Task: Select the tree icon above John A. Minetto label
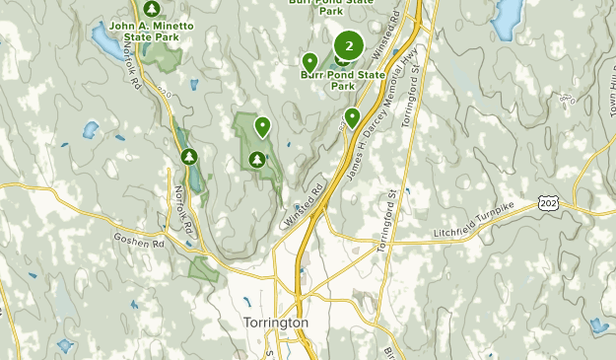151,8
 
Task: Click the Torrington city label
275,323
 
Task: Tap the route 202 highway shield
549,202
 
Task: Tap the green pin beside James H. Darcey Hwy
352,118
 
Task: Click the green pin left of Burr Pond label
309,63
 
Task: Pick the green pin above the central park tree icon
262,126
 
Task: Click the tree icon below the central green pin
257,158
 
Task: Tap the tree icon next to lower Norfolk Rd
188,156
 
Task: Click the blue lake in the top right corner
506,15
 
